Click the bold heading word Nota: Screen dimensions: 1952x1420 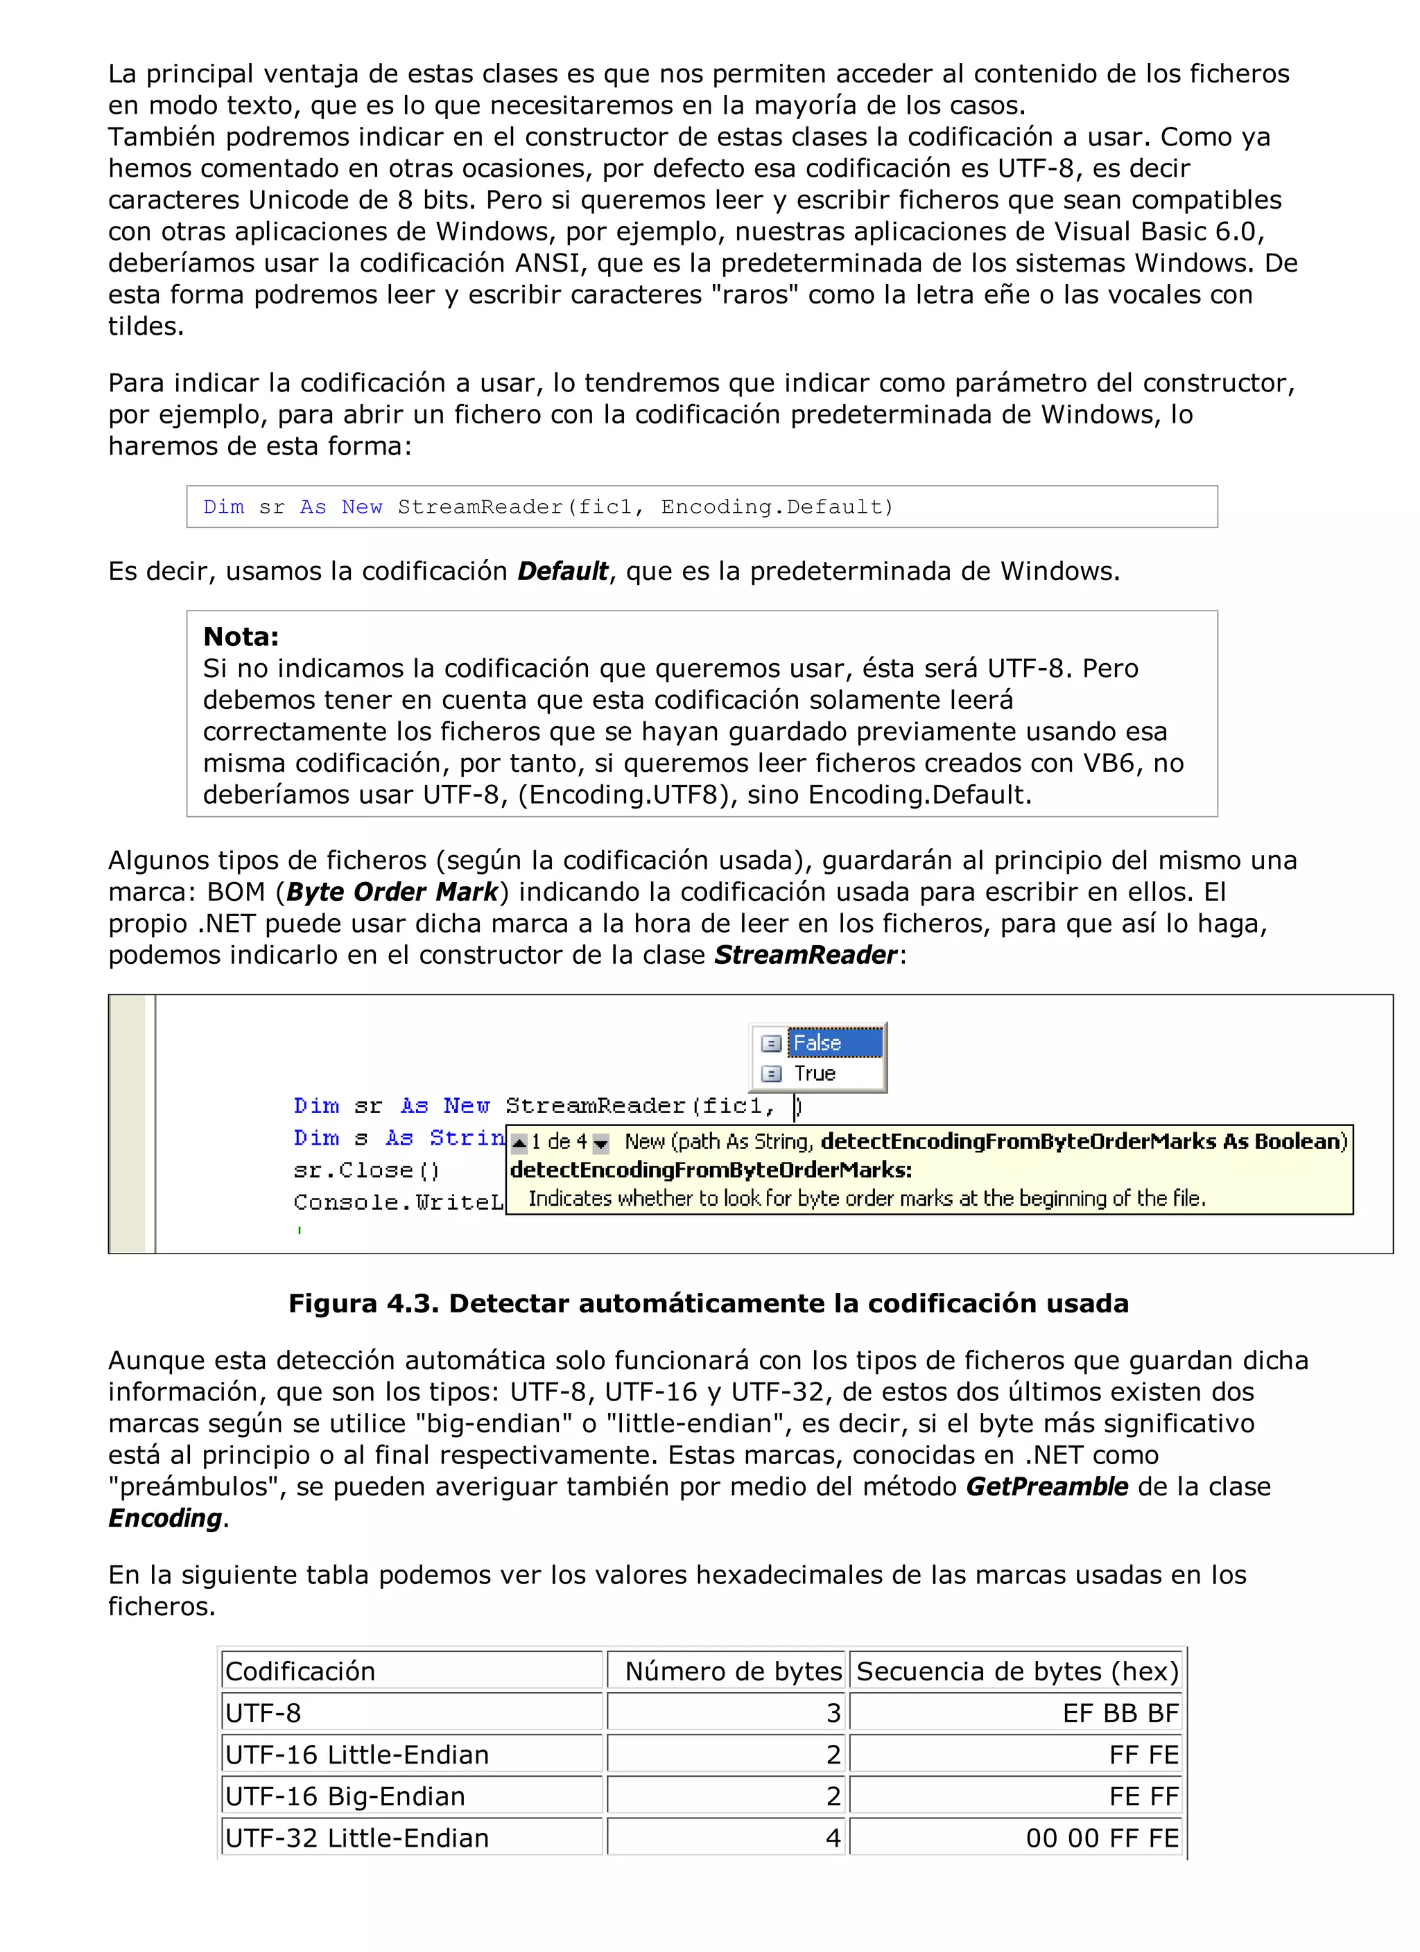point(241,637)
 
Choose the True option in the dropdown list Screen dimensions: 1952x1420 point(815,1073)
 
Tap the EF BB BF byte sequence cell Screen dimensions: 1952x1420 point(1120,1713)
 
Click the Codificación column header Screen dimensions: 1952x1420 point(300,1671)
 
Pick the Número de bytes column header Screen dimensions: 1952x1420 point(733,1671)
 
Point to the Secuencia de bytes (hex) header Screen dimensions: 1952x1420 point(1017,1671)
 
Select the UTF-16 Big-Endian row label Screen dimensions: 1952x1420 point(345,1796)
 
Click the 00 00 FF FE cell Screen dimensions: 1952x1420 point(1102,1838)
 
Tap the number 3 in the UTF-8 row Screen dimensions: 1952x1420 point(833,1713)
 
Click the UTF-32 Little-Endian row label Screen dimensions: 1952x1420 point(356,1838)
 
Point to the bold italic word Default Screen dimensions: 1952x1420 point(562,572)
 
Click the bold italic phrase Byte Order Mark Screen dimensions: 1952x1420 point(392,892)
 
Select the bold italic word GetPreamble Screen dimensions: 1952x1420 point(1046,1486)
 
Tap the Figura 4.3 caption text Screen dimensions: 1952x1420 point(708,1303)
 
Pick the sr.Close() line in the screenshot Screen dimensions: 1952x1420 point(367,1170)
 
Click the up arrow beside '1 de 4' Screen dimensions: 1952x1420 point(519,1143)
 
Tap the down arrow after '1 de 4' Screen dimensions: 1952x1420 point(601,1143)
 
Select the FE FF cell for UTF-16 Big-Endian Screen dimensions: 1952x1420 point(1143,1796)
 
